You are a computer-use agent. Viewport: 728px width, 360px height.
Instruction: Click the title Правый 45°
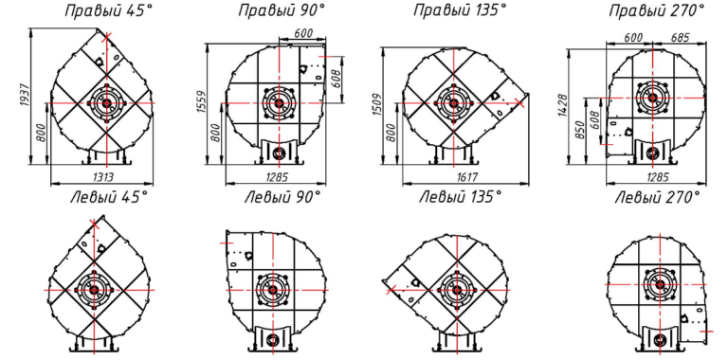click(108, 10)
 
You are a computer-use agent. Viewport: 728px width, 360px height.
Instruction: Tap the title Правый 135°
click(460, 10)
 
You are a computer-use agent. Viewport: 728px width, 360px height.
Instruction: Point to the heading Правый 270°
click(657, 10)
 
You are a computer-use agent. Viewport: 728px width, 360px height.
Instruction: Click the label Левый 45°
click(109, 198)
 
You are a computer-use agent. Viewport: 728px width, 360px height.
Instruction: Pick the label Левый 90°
click(282, 198)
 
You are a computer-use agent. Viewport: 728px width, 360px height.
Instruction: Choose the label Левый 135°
click(460, 198)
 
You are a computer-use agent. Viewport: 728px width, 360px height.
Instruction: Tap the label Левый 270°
click(657, 198)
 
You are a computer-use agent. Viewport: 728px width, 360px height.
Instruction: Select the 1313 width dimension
click(102, 177)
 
